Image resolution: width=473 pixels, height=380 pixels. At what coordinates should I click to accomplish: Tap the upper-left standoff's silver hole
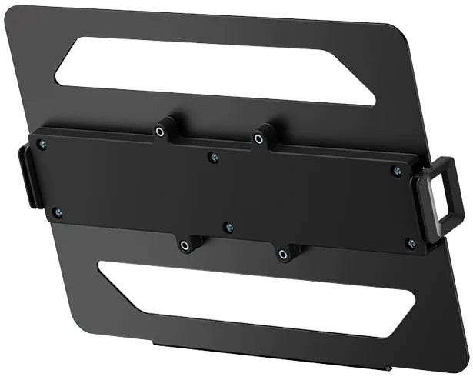(159, 132)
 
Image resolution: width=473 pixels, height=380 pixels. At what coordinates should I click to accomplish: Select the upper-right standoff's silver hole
(260, 139)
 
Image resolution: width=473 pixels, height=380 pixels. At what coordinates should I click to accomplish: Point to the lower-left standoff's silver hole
(185, 246)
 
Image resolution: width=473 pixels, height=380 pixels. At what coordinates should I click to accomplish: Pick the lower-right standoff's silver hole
(284, 253)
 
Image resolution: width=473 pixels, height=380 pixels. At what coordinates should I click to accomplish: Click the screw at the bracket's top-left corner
(43, 144)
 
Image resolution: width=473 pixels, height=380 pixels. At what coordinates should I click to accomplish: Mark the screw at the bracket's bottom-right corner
(411, 244)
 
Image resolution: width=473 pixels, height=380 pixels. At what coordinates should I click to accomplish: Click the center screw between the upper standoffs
(214, 158)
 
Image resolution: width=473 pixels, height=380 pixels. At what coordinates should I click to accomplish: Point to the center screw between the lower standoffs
(228, 228)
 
